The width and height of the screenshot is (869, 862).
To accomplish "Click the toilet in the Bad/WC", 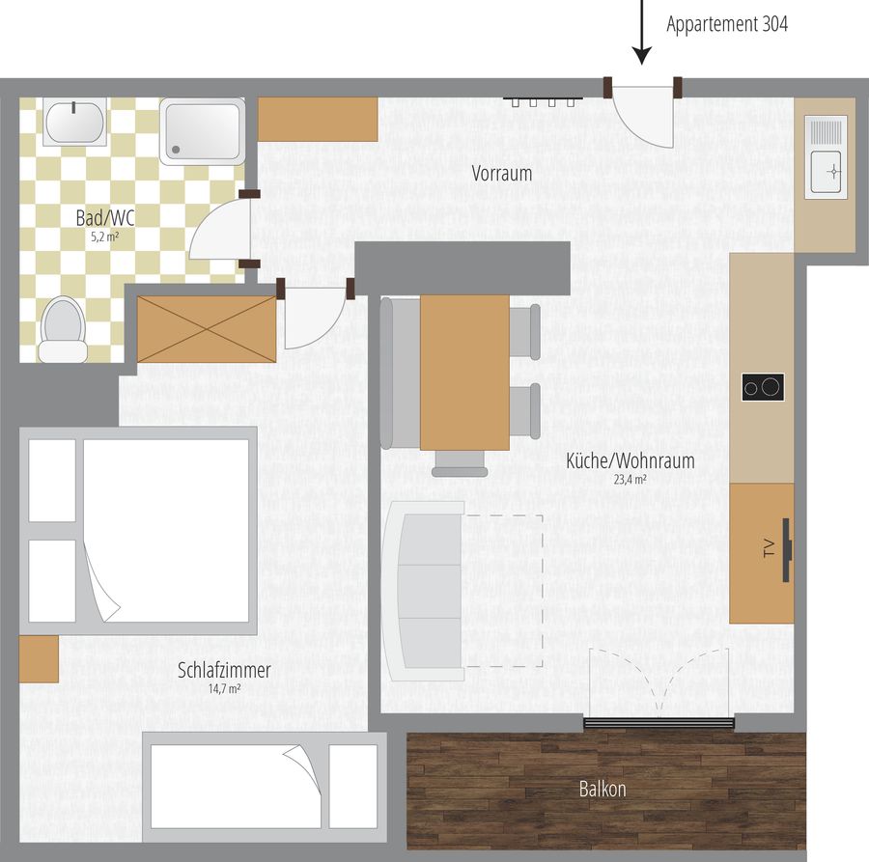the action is click(62, 330).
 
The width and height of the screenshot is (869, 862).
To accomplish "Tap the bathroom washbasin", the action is click(74, 123).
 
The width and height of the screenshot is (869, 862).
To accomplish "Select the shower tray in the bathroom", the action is click(203, 132).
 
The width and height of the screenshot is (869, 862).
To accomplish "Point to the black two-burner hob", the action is click(763, 387).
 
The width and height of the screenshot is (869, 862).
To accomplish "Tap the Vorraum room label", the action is click(501, 174).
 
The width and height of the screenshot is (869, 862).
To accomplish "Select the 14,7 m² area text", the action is click(224, 689).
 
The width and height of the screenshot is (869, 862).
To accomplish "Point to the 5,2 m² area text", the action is click(105, 237).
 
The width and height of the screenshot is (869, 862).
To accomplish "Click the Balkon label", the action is click(603, 789).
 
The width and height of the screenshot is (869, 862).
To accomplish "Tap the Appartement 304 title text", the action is click(726, 24).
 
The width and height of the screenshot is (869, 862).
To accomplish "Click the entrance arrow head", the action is click(642, 56).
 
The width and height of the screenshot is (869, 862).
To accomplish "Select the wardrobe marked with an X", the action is click(207, 329).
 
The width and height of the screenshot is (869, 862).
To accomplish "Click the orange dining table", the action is click(464, 373).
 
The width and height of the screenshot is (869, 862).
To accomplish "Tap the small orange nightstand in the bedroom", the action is click(39, 658).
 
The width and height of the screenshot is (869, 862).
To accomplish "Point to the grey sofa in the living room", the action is click(424, 591).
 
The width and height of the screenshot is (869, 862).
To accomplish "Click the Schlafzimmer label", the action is click(224, 670).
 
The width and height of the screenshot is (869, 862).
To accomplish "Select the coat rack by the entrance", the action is click(543, 100).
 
